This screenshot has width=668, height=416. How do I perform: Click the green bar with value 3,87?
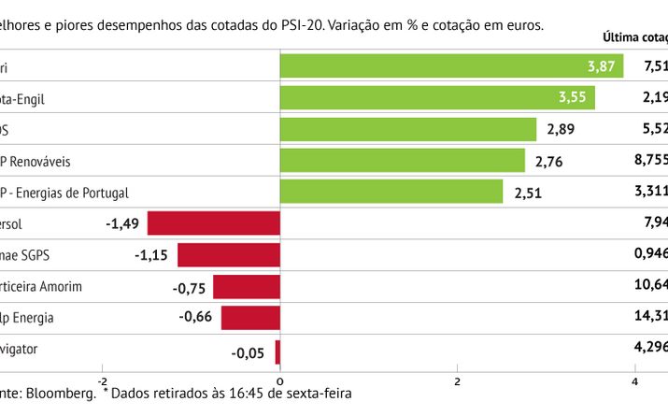451,65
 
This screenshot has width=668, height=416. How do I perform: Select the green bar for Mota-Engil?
437,98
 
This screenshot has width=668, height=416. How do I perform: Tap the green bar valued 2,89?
408,130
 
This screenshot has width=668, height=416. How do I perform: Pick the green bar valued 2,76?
403,162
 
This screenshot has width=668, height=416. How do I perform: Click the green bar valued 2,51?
391,193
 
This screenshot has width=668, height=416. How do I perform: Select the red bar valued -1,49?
214,223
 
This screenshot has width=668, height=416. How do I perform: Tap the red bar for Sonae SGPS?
229,255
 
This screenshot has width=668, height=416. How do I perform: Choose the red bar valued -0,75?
247,287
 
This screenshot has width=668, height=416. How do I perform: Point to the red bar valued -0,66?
250,318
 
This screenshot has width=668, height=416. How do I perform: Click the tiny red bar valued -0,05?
277,351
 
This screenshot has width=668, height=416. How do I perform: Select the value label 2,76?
550,163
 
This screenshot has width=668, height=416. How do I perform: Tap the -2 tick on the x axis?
102,380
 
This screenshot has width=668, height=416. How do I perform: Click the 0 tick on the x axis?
279,380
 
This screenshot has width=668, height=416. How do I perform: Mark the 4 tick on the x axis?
634,380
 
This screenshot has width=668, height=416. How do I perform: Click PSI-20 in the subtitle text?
298,25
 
